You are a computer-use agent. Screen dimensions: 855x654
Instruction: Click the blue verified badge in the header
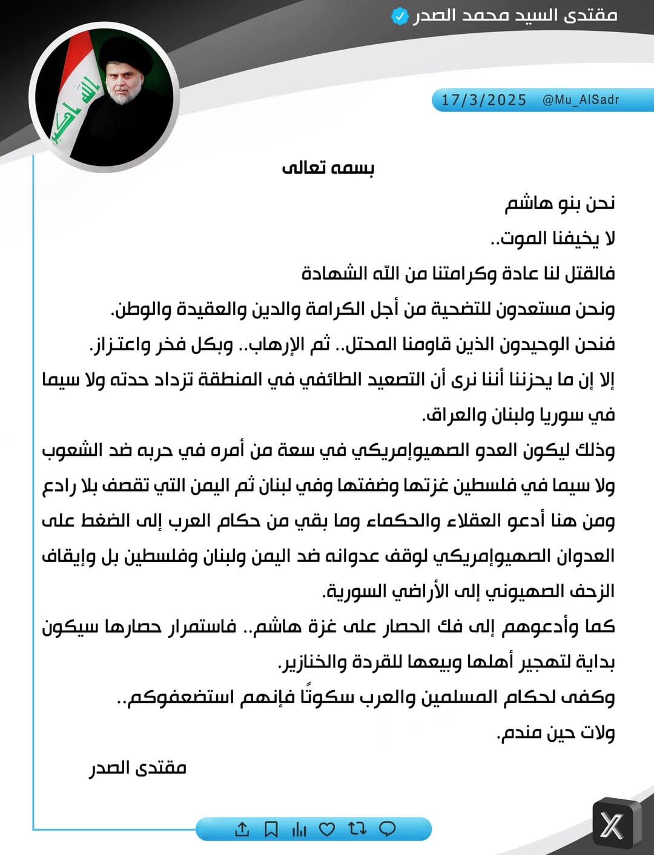point(400,16)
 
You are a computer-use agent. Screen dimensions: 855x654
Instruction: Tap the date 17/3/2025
point(484,100)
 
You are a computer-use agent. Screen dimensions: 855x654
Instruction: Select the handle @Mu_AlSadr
point(581,100)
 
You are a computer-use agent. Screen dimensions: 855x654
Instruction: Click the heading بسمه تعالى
point(328,167)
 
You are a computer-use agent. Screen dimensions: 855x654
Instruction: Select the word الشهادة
point(335,273)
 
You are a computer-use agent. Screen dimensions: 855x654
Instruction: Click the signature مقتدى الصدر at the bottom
point(138,768)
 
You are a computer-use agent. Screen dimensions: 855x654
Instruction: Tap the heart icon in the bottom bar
point(327,829)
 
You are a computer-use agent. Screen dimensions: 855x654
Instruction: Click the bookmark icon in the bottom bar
point(271,829)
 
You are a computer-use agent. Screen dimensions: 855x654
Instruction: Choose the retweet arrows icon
point(357,829)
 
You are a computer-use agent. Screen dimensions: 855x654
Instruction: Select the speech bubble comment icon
point(387,829)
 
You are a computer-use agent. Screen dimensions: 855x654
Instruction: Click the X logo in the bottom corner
point(613,825)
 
